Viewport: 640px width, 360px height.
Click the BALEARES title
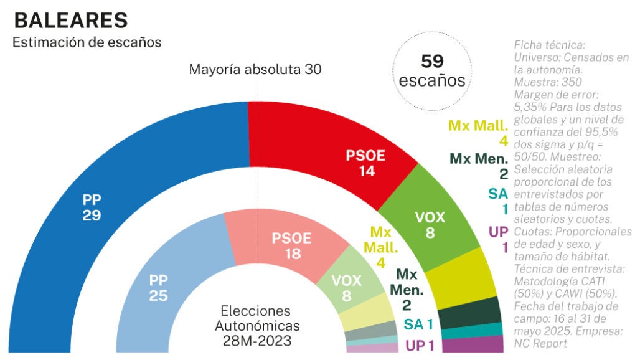(70, 21)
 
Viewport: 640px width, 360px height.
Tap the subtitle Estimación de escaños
(87, 43)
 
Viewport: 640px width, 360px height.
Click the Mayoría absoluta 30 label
(255, 69)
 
